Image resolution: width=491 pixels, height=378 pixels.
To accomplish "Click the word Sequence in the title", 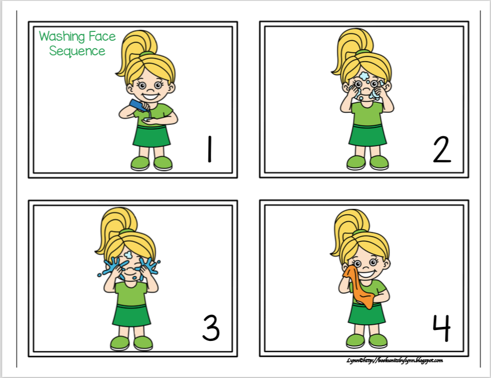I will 77,51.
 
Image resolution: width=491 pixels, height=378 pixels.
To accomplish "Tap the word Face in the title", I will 102,37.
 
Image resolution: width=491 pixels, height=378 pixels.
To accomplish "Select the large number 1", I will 209,149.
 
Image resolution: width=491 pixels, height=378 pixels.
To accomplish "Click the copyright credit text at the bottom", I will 394,360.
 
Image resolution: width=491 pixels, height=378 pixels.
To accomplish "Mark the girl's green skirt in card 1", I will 151,135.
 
